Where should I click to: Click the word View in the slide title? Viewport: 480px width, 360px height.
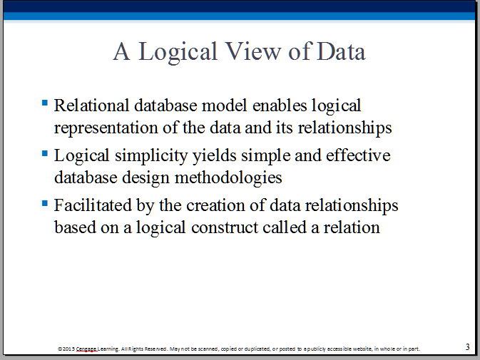pos(252,51)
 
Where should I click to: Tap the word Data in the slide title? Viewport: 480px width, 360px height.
pos(341,51)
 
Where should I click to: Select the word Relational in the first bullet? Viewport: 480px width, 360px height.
pos(91,106)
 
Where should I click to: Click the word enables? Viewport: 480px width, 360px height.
pos(280,106)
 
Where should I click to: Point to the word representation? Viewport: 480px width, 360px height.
pos(106,128)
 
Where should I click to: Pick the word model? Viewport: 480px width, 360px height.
pos(224,106)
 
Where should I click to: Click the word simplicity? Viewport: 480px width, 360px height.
pos(151,156)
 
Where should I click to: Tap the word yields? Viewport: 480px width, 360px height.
pos(214,156)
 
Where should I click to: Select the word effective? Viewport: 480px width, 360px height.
pos(358,155)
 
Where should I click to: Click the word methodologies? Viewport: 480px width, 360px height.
pos(228,178)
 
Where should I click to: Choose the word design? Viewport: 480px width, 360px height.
pos(145,178)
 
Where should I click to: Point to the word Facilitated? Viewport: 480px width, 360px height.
pos(93,205)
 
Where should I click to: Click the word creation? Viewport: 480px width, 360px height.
pos(215,205)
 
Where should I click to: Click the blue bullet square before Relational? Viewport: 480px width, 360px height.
pos(45,103)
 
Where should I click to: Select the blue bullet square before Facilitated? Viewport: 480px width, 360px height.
pos(45,202)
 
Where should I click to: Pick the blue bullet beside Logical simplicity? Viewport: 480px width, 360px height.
pos(45,153)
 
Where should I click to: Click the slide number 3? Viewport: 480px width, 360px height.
pos(467,347)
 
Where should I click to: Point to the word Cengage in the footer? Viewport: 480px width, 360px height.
pos(86,349)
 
